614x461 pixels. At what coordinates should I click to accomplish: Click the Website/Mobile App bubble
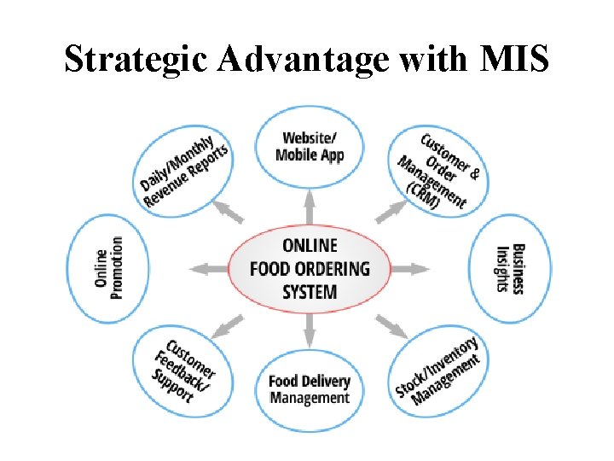pos(309,146)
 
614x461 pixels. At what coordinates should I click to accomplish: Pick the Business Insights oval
pos(511,269)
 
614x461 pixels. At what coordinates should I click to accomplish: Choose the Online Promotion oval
pos(108,269)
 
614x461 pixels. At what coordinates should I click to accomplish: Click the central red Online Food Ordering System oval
pos(309,269)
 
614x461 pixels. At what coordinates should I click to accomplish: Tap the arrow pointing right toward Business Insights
pos(410,269)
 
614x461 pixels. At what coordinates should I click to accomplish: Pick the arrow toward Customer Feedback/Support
pos(228,324)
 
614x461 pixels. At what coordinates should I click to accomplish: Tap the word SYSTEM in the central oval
pos(309,292)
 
